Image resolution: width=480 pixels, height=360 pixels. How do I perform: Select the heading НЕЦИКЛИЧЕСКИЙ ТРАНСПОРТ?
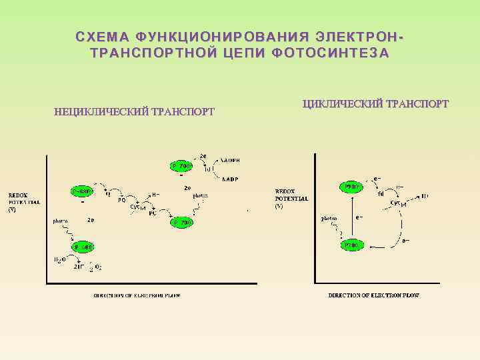click(x=134, y=111)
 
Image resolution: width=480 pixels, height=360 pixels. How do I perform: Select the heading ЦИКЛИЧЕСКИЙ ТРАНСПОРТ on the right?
click(x=375, y=103)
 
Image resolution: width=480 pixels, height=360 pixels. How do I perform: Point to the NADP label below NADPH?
click(x=231, y=179)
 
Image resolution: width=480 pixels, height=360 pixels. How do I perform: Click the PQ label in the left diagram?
click(x=121, y=199)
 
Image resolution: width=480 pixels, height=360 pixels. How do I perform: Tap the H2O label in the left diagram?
click(x=61, y=259)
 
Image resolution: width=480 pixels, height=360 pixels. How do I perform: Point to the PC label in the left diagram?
click(x=153, y=214)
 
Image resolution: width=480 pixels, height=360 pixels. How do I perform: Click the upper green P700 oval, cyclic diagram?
click(x=353, y=187)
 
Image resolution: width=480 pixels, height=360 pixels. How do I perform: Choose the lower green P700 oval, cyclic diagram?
click(x=353, y=245)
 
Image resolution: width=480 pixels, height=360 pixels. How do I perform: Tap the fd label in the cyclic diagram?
click(x=381, y=194)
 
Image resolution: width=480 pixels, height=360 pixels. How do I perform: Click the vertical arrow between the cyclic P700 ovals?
click(x=353, y=217)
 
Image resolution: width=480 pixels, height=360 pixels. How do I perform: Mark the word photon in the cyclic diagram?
click(x=329, y=218)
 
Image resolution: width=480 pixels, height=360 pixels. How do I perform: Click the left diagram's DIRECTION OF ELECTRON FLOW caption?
click(x=137, y=295)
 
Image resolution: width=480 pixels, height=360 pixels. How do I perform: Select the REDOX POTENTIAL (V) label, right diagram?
click(x=291, y=199)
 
